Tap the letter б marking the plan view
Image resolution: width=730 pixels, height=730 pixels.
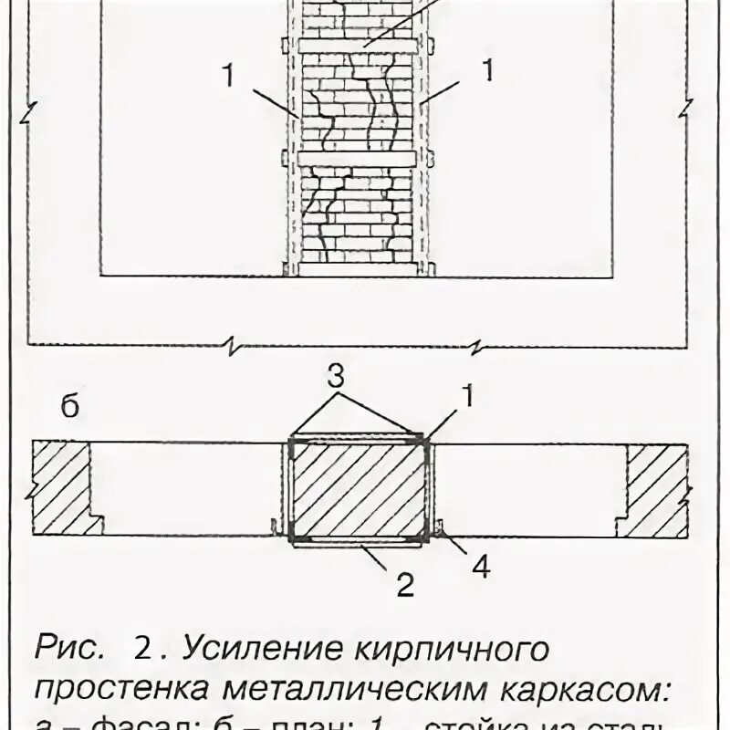70,408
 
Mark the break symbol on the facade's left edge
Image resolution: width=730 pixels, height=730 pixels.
32,115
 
